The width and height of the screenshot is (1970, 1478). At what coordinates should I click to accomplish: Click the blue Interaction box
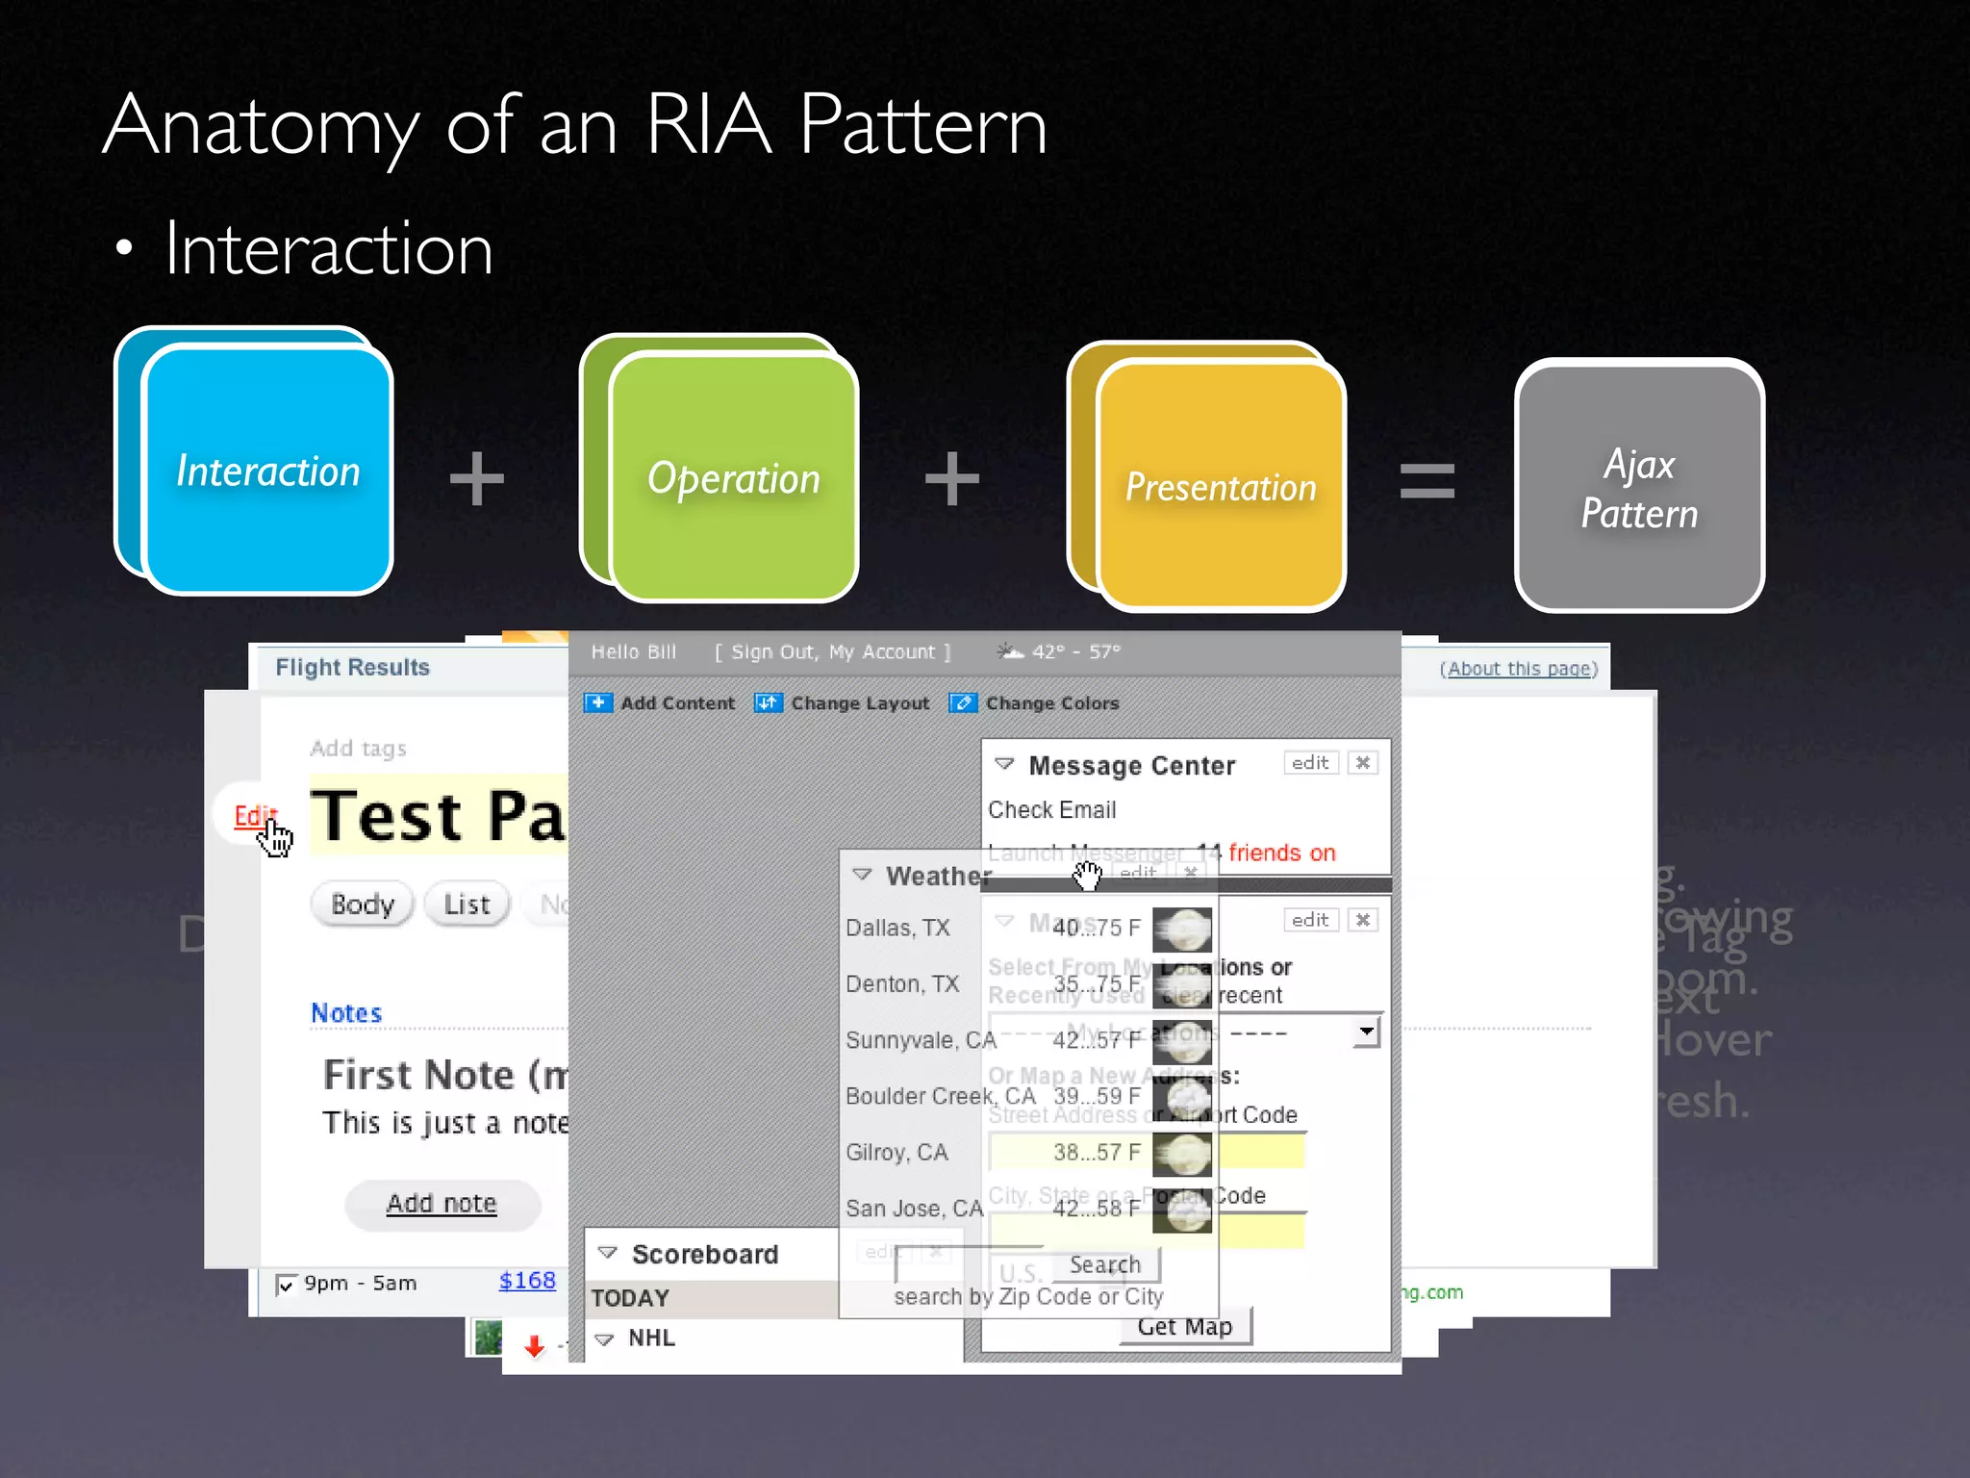[267, 471]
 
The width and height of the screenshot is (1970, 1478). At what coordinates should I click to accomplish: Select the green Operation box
[733, 478]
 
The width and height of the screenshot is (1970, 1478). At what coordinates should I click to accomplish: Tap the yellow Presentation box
[1220, 487]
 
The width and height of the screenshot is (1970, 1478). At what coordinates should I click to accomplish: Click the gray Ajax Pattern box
[1639, 488]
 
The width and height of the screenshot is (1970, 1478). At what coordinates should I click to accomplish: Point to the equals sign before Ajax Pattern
[1427, 480]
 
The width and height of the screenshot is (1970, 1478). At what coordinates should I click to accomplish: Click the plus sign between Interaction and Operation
[477, 478]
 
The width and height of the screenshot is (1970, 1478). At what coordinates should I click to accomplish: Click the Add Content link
[676, 703]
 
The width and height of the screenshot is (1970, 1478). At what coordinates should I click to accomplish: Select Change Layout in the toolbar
[859, 703]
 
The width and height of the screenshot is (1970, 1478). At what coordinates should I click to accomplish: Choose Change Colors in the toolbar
[1051, 703]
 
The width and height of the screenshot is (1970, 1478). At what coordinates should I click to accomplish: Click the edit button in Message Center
[1310, 763]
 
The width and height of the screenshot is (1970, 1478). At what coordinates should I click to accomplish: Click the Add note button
[442, 1204]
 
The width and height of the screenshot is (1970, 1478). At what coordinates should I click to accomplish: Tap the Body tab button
[363, 905]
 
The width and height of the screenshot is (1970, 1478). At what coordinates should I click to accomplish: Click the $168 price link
[527, 1281]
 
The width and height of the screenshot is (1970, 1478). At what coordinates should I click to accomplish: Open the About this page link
[1519, 669]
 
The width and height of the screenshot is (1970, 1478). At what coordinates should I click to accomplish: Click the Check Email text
[1052, 810]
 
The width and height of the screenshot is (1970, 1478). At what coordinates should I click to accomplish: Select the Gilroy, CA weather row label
[897, 1153]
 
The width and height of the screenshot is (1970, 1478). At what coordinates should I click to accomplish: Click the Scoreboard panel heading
[704, 1255]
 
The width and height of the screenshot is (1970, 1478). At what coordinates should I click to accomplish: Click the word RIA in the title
[709, 125]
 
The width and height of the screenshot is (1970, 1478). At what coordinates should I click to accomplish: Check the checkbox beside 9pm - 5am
[286, 1286]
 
